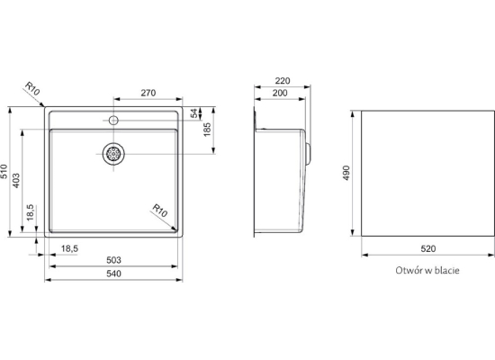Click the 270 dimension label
(x=148, y=93)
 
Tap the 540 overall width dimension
(x=113, y=274)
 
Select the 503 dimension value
(x=113, y=260)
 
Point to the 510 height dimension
(x=4, y=171)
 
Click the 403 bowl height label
(x=16, y=180)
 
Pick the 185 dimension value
(x=207, y=130)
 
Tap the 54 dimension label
(x=194, y=113)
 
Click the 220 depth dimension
(x=283, y=81)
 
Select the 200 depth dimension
(x=280, y=94)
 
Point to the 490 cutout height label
(x=346, y=173)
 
